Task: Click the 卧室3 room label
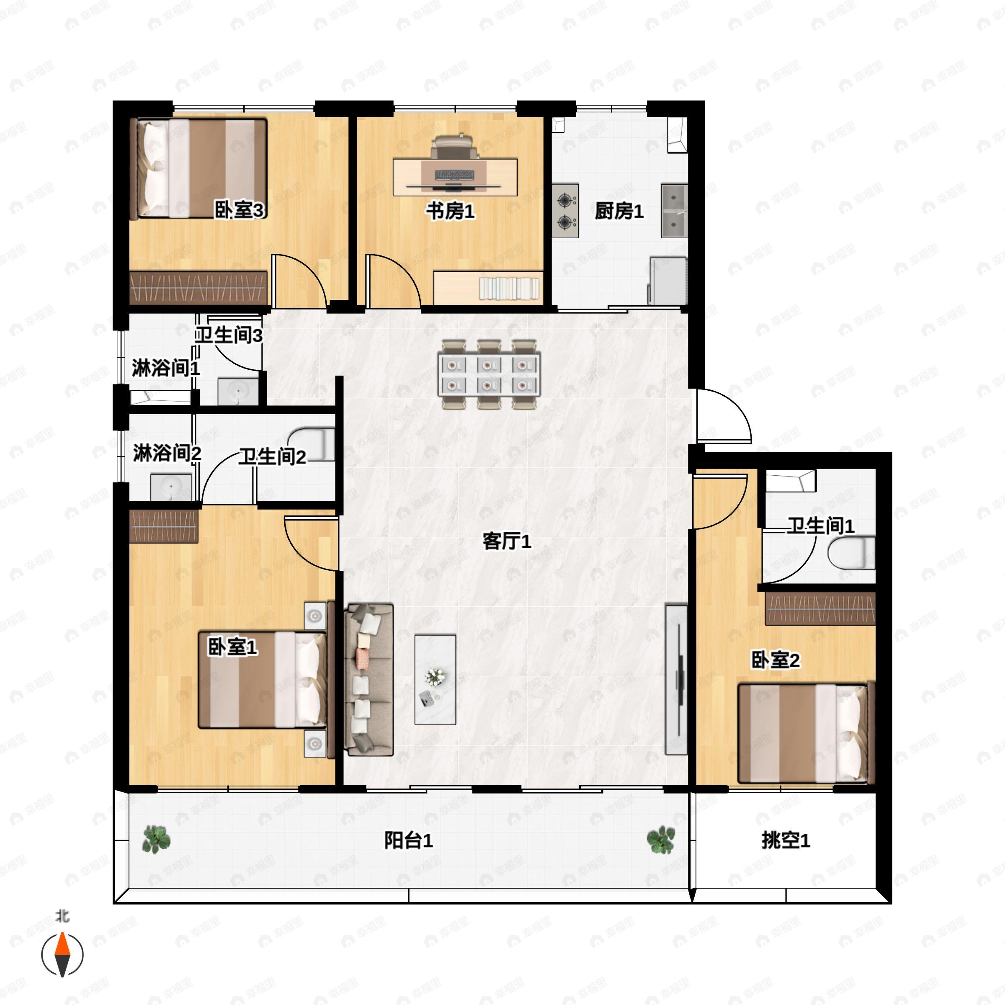click(239, 210)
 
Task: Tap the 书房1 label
click(450, 211)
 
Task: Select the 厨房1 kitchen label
click(619, 211)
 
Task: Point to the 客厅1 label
click(507, 541)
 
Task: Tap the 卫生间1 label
click(821, 526)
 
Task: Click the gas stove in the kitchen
click(565, 210)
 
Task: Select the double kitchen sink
click(674, 210)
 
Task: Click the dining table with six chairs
click(489, 374)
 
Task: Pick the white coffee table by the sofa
click(435, 679)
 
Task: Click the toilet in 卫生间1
click(851, 553)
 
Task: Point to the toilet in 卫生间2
click(311, 444)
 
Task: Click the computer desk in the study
click(455, 177)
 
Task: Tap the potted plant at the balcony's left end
click(156, 840)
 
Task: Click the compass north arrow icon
click(62, 955)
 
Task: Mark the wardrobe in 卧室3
click(198, 288)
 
